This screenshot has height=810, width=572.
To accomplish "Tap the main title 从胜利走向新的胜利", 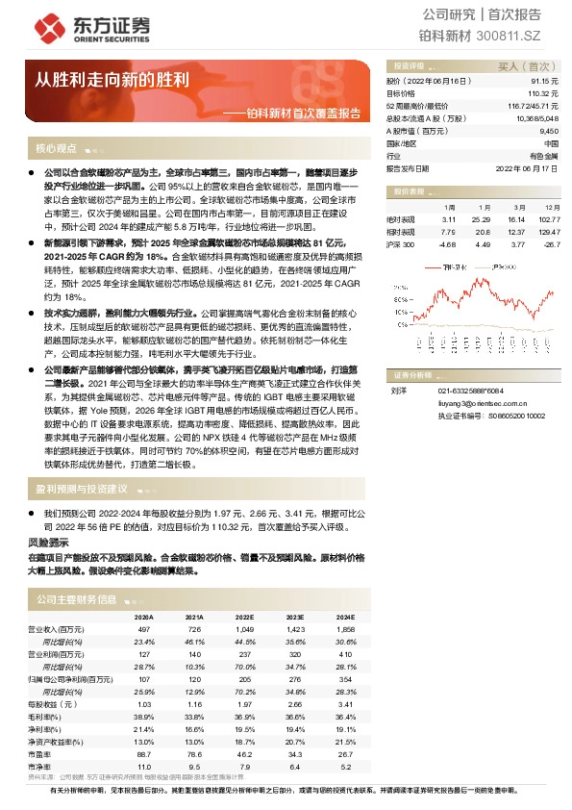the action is click(112, 79).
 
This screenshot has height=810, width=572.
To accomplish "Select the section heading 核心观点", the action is click(56, 149).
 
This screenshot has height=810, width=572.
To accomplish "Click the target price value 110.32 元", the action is click(539, 93).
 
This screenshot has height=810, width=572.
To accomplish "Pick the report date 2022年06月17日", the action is click(526, 166).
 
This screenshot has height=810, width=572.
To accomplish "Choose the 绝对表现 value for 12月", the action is click(548, 220).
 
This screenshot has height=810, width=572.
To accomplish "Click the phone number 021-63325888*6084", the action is click(471, 391).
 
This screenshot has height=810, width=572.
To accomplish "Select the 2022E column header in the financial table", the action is click(245, 617).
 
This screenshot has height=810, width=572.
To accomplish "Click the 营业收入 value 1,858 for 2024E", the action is click(346, 627).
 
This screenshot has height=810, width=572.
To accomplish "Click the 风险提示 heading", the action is click(47, 543).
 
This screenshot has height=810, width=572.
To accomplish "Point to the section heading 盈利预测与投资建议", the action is click(82, 489).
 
